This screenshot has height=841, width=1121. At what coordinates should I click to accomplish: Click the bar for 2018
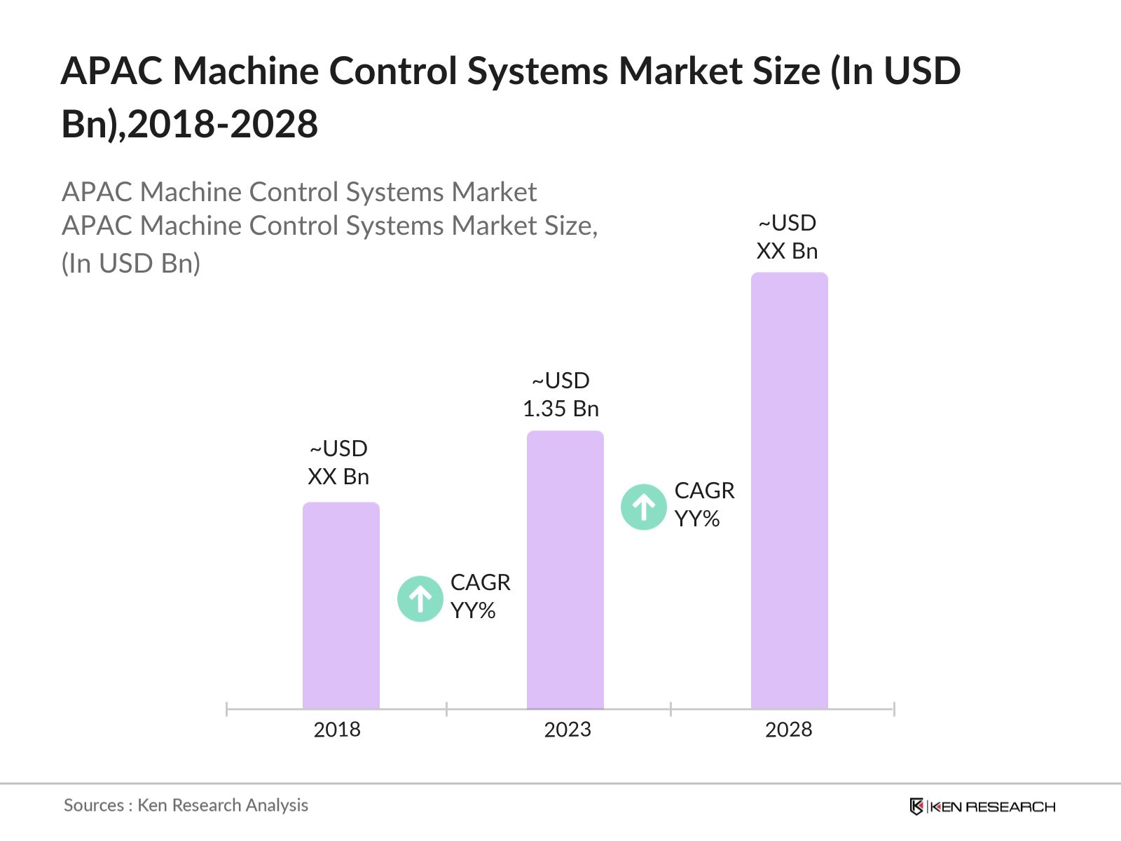pyautogui.click(x=341, y=606)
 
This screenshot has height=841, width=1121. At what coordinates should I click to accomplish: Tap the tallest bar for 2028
pyautogui.click(x=789, y=491)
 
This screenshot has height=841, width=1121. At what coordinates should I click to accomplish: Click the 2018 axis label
pyautogui.click(x=337, y=730)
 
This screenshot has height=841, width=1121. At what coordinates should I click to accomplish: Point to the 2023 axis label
pyautogui.click(x=568, y=730)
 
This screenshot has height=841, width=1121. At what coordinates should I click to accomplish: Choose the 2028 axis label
pyautogui.click(x=788, y=730)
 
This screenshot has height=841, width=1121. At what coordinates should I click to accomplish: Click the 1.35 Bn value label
pyautogui.click(x=560, y=409)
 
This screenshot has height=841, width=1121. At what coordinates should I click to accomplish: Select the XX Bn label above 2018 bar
pyautogui.click(x=338, y=477)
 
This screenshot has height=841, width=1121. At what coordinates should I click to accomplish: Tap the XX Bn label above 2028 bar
pyautogui.click(x=787, y=251)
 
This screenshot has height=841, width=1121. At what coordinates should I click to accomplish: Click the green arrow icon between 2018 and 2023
pyautogui.click(x=420, y=599)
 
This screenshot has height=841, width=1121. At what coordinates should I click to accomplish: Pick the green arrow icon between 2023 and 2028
pyautogui.click(x=643, y=507)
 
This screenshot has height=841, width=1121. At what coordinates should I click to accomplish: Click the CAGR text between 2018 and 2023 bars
pyautogui.click(x=480, y=582)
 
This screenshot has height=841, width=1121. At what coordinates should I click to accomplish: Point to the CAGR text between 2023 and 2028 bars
pyautogui.click(x=704, y=491)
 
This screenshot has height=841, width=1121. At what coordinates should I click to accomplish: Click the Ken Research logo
pyautogui.click(x=982, y=807)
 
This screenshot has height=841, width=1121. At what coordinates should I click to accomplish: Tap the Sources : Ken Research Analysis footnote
pyautogui.click(x=186, y=805)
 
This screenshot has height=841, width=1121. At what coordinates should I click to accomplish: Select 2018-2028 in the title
pyautogui.click(x=223, y=125)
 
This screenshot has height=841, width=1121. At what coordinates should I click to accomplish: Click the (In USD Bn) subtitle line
pyautogui.click(x=131, y=264)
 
